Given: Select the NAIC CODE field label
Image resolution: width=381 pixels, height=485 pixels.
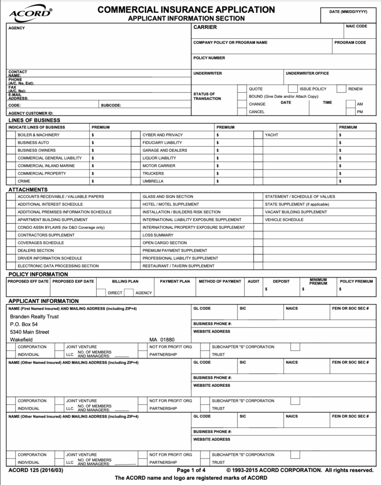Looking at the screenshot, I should click(356, 26).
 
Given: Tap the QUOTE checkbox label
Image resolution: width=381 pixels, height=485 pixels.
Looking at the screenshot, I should click(255, 89).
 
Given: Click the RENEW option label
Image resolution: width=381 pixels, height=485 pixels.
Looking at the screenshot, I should click(355, 89).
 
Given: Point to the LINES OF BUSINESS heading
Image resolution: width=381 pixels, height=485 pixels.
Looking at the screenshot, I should click(34, 120).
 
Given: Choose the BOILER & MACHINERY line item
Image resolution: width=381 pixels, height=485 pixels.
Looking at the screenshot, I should click(38, 135).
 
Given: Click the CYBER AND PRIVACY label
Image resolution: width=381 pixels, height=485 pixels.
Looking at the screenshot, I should click(162, 135).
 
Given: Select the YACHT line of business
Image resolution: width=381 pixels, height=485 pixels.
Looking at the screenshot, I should click(271, 135).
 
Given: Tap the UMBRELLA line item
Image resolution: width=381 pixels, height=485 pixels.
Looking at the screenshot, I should click(153, 181).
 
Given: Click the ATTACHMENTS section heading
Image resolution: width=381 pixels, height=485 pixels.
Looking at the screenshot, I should click(28, 189).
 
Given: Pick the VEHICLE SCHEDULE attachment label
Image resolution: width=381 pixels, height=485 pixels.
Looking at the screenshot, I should click(284, 220).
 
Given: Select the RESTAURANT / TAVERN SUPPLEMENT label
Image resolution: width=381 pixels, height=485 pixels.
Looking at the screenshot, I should click(178, 266).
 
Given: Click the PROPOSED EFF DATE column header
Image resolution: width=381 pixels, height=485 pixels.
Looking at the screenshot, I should click(28, 281).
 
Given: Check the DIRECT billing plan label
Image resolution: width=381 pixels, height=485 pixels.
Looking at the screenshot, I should click(115, 293).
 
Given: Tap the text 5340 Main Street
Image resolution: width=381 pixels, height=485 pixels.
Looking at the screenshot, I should click(30, 332).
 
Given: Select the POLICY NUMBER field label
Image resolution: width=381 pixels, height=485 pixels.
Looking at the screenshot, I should click(209, 58).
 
